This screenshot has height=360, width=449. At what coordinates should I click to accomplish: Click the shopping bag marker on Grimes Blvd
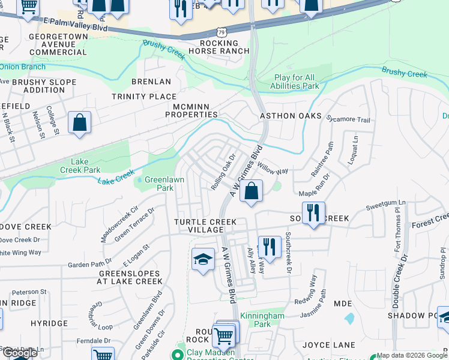pos(252,191)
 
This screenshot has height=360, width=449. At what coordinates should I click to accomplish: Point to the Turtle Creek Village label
pos(205,226)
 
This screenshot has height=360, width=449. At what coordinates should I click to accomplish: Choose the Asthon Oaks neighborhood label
pos(291,116)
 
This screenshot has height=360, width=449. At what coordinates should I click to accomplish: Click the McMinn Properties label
pos(194,110)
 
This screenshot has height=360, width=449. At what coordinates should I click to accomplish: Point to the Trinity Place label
pos(144,96)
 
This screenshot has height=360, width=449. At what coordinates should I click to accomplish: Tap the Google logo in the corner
pos(19,353)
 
